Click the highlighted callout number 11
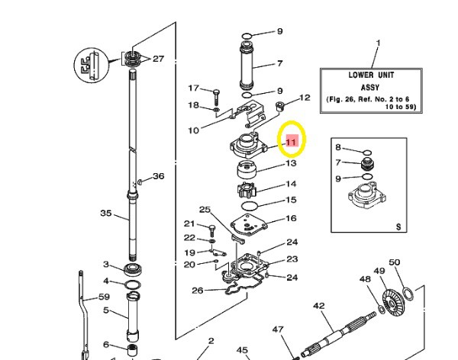point(291,141)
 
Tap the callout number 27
point(158,59)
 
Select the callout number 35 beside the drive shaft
point(107,214)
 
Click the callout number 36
point(158,176)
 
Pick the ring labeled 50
point(408,292)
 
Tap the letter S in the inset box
point(398,227)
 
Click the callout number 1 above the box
point(376,44)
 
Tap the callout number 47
point(278,330)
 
